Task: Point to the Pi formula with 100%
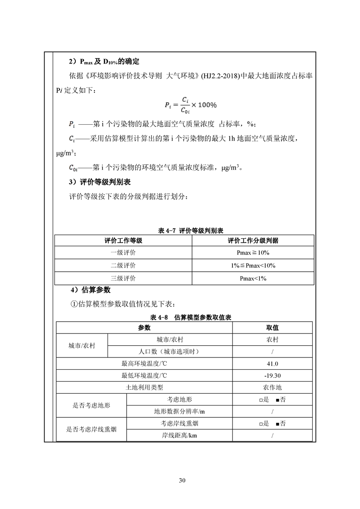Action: click(x=191, y=104)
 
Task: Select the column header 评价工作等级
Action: click(x=123, y=240)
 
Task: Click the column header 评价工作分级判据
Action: click(x=253, y=240)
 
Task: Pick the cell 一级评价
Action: click(x=123, y=253)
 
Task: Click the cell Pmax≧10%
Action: click(x=253, y=253)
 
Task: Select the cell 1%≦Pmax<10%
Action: click(x=253, y=265)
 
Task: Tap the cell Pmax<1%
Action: click(x=253, y=278)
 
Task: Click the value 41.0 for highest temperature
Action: click(x=272, y=364)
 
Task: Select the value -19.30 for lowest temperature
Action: click(x=272, y=376)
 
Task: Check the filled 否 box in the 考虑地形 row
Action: click(x=278, y=400)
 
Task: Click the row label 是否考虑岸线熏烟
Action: click(x=91, y=429)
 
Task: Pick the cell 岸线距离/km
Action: click(x=179, y=436)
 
